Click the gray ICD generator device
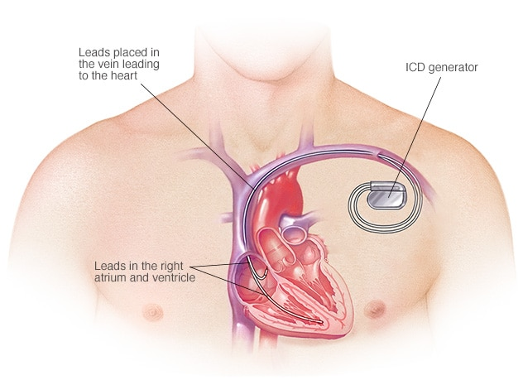386,195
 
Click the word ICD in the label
415,67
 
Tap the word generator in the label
453,68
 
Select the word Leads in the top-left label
94,52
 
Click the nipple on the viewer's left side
153,312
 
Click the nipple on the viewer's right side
375,309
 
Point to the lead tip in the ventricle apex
320,322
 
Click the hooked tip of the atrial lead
266,272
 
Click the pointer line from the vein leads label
197,136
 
